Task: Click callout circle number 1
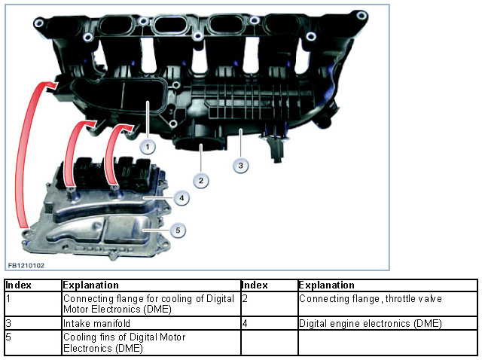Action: pos(148,147)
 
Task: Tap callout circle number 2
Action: pos(201,181)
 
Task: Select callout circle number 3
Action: pos(241,166)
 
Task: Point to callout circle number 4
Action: pos(182,198)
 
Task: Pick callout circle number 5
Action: pos(178,230)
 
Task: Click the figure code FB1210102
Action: pos(26,266)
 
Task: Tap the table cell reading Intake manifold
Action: pos(151,323)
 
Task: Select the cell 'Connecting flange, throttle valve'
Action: pos(387,304)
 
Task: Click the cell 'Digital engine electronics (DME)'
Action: pos(387,323)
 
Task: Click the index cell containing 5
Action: pos(33,343)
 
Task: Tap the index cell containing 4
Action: pos(270,323)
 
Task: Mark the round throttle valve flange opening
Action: pos(199,144)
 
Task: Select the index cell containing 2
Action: pos(270,304)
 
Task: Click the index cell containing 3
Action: pos(33,323)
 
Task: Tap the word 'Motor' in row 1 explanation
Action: pos(76,309)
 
